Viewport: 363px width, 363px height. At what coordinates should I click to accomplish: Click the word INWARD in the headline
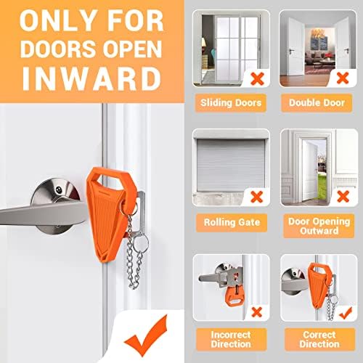91,78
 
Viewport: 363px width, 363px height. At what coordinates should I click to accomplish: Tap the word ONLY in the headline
58,21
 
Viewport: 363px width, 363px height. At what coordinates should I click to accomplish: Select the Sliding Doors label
231,103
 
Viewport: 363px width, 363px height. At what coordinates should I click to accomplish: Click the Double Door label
317,103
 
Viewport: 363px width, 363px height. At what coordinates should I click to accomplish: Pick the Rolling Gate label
232,222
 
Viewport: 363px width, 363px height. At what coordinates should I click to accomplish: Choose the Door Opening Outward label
319,226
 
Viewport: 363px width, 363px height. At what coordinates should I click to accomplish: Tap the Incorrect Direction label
231,339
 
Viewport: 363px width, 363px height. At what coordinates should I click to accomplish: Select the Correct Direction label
319,339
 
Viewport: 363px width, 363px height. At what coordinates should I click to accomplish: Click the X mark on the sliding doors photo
257,78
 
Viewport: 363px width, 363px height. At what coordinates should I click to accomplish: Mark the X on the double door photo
343,78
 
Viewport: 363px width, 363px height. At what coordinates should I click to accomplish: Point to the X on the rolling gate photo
257,197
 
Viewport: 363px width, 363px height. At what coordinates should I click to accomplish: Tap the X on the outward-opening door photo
343,196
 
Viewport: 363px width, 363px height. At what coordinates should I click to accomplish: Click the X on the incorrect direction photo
257,312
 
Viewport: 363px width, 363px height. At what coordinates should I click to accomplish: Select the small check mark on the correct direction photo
346,314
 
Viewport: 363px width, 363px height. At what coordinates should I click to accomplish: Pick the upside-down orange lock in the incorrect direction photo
234,296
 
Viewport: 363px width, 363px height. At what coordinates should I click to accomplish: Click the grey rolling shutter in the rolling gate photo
231,166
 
